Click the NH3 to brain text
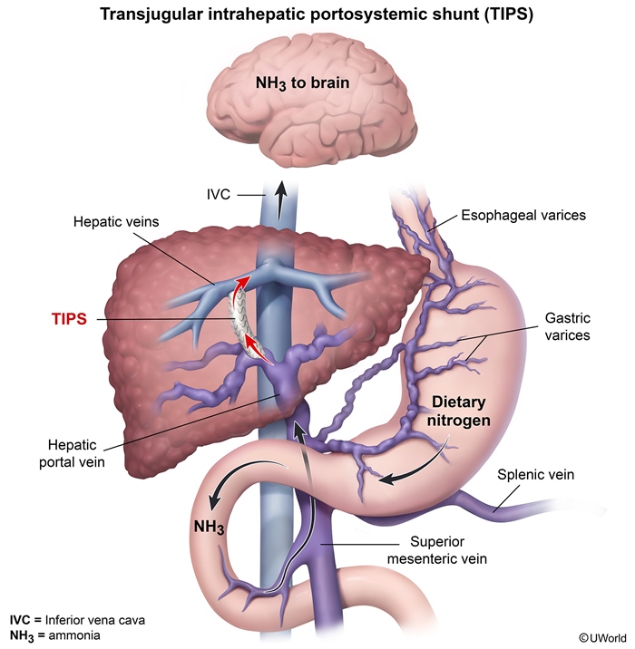pos(314,85)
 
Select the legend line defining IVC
pos(75,619)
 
